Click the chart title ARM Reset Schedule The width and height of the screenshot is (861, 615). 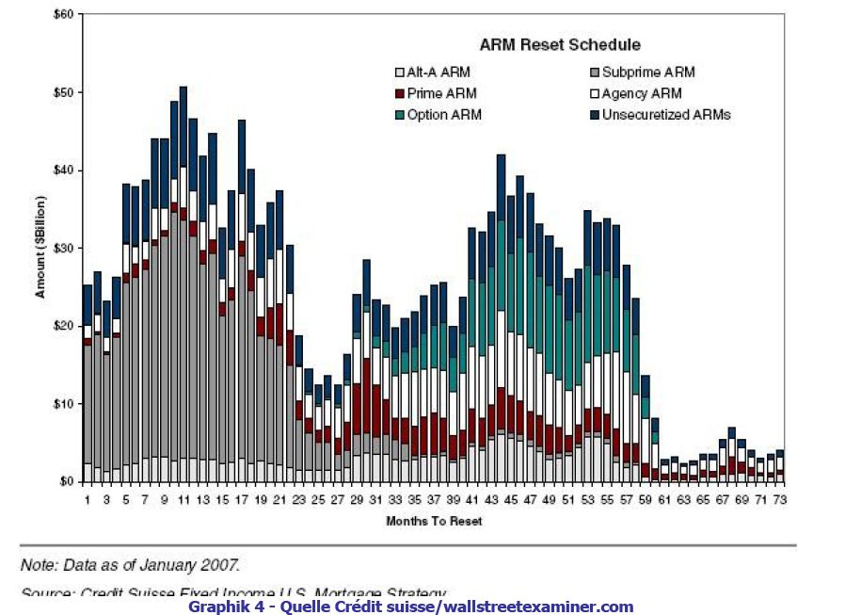click(x=560, y=44)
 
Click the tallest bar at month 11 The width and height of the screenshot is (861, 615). click(x=183, y=283)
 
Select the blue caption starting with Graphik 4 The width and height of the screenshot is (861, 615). click(x=411, y=607)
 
